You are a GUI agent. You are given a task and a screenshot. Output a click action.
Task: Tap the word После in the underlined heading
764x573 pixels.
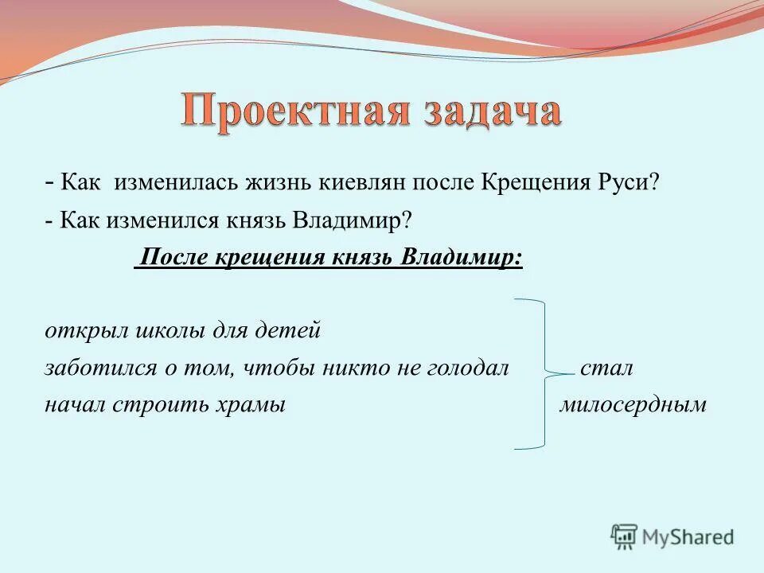tap(168, 258)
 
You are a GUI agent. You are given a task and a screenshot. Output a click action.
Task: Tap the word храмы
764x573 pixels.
tap(255, 404)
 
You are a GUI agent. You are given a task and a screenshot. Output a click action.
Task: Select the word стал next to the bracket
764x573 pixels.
tap(606, 368)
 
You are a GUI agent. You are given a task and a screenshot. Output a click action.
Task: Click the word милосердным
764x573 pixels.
tap(633, 404)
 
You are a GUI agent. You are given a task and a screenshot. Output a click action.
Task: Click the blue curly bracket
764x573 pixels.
tap(543, 374)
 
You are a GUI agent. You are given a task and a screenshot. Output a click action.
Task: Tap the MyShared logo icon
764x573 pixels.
tap(624, 536)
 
